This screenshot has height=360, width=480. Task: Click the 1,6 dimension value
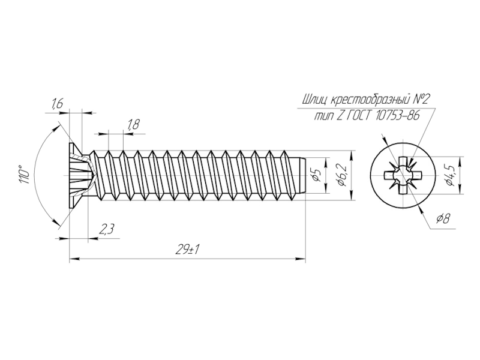[57, 104]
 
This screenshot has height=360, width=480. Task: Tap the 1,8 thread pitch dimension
[133, 125]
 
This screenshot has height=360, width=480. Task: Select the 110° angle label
[24, 175]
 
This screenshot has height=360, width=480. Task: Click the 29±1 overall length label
[187, 250]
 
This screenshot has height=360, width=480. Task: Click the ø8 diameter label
[443, 218]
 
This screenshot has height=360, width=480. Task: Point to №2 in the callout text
[422, 100]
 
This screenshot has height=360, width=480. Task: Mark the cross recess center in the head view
[403, 175]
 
